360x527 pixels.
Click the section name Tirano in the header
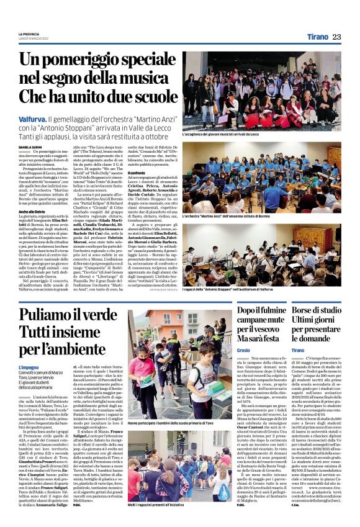[x=318, y=37]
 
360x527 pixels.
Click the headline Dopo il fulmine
[x=268, y=313]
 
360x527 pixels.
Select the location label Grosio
[x=245, y=350]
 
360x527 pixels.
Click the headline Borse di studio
[x=323, y=313]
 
